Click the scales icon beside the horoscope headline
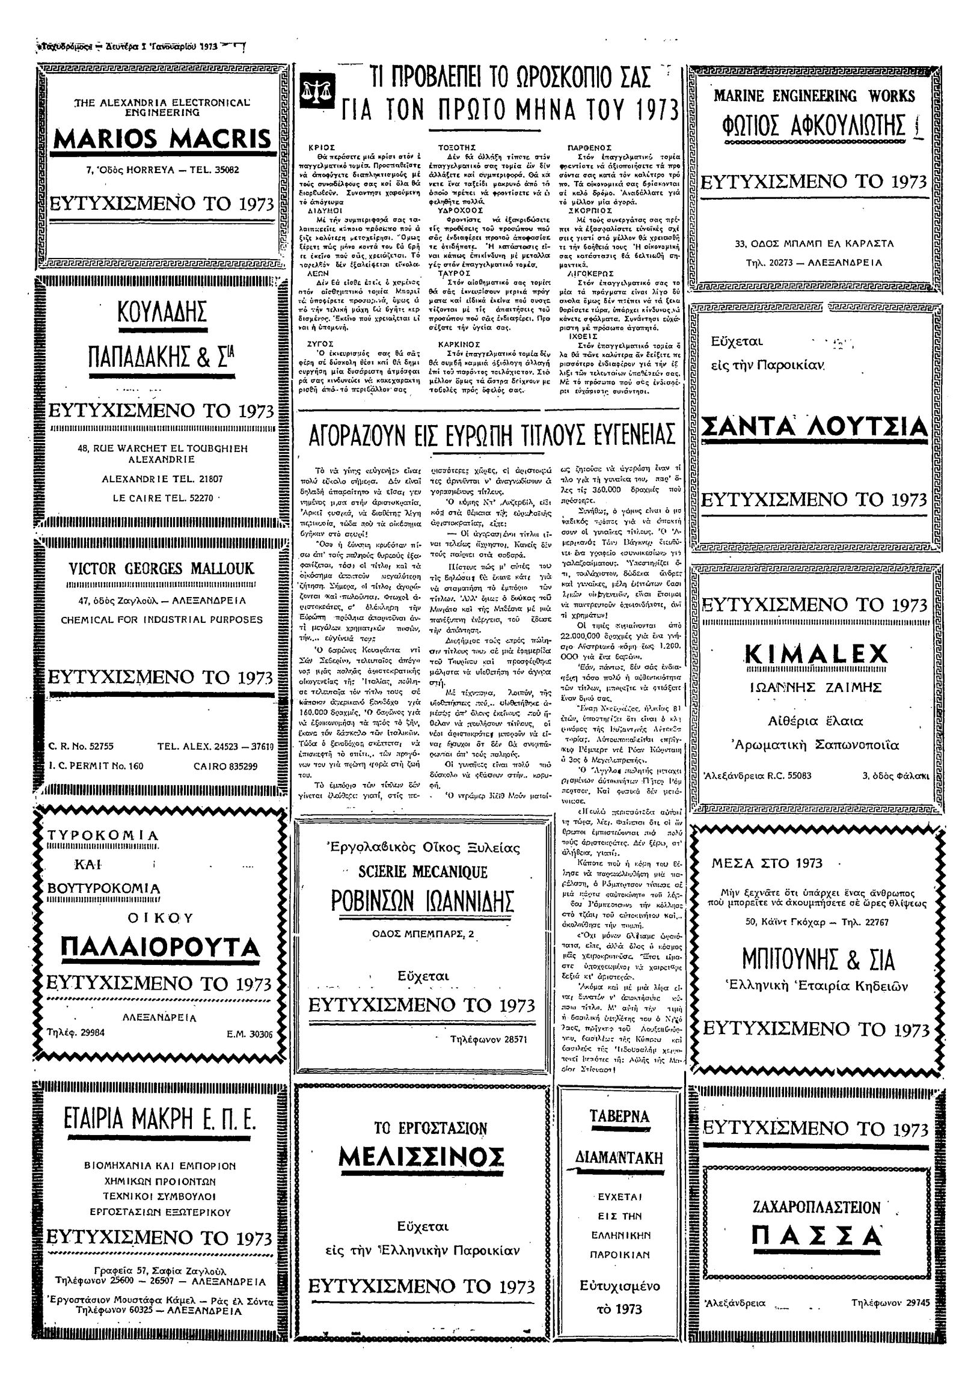point(314,90)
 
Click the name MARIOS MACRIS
point(163,139)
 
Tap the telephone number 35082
point(222,170)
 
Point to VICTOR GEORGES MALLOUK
point(162,568)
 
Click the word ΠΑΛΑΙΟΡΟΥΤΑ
point(161,947)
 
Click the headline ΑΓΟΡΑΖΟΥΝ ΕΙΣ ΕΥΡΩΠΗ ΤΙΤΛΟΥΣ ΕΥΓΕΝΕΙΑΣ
point(491,435)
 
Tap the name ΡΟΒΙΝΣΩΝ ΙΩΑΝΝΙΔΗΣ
point(423,902)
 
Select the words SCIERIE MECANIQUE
point(423,872)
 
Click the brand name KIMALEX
point(816,654)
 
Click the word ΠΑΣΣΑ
point(816,1237)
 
